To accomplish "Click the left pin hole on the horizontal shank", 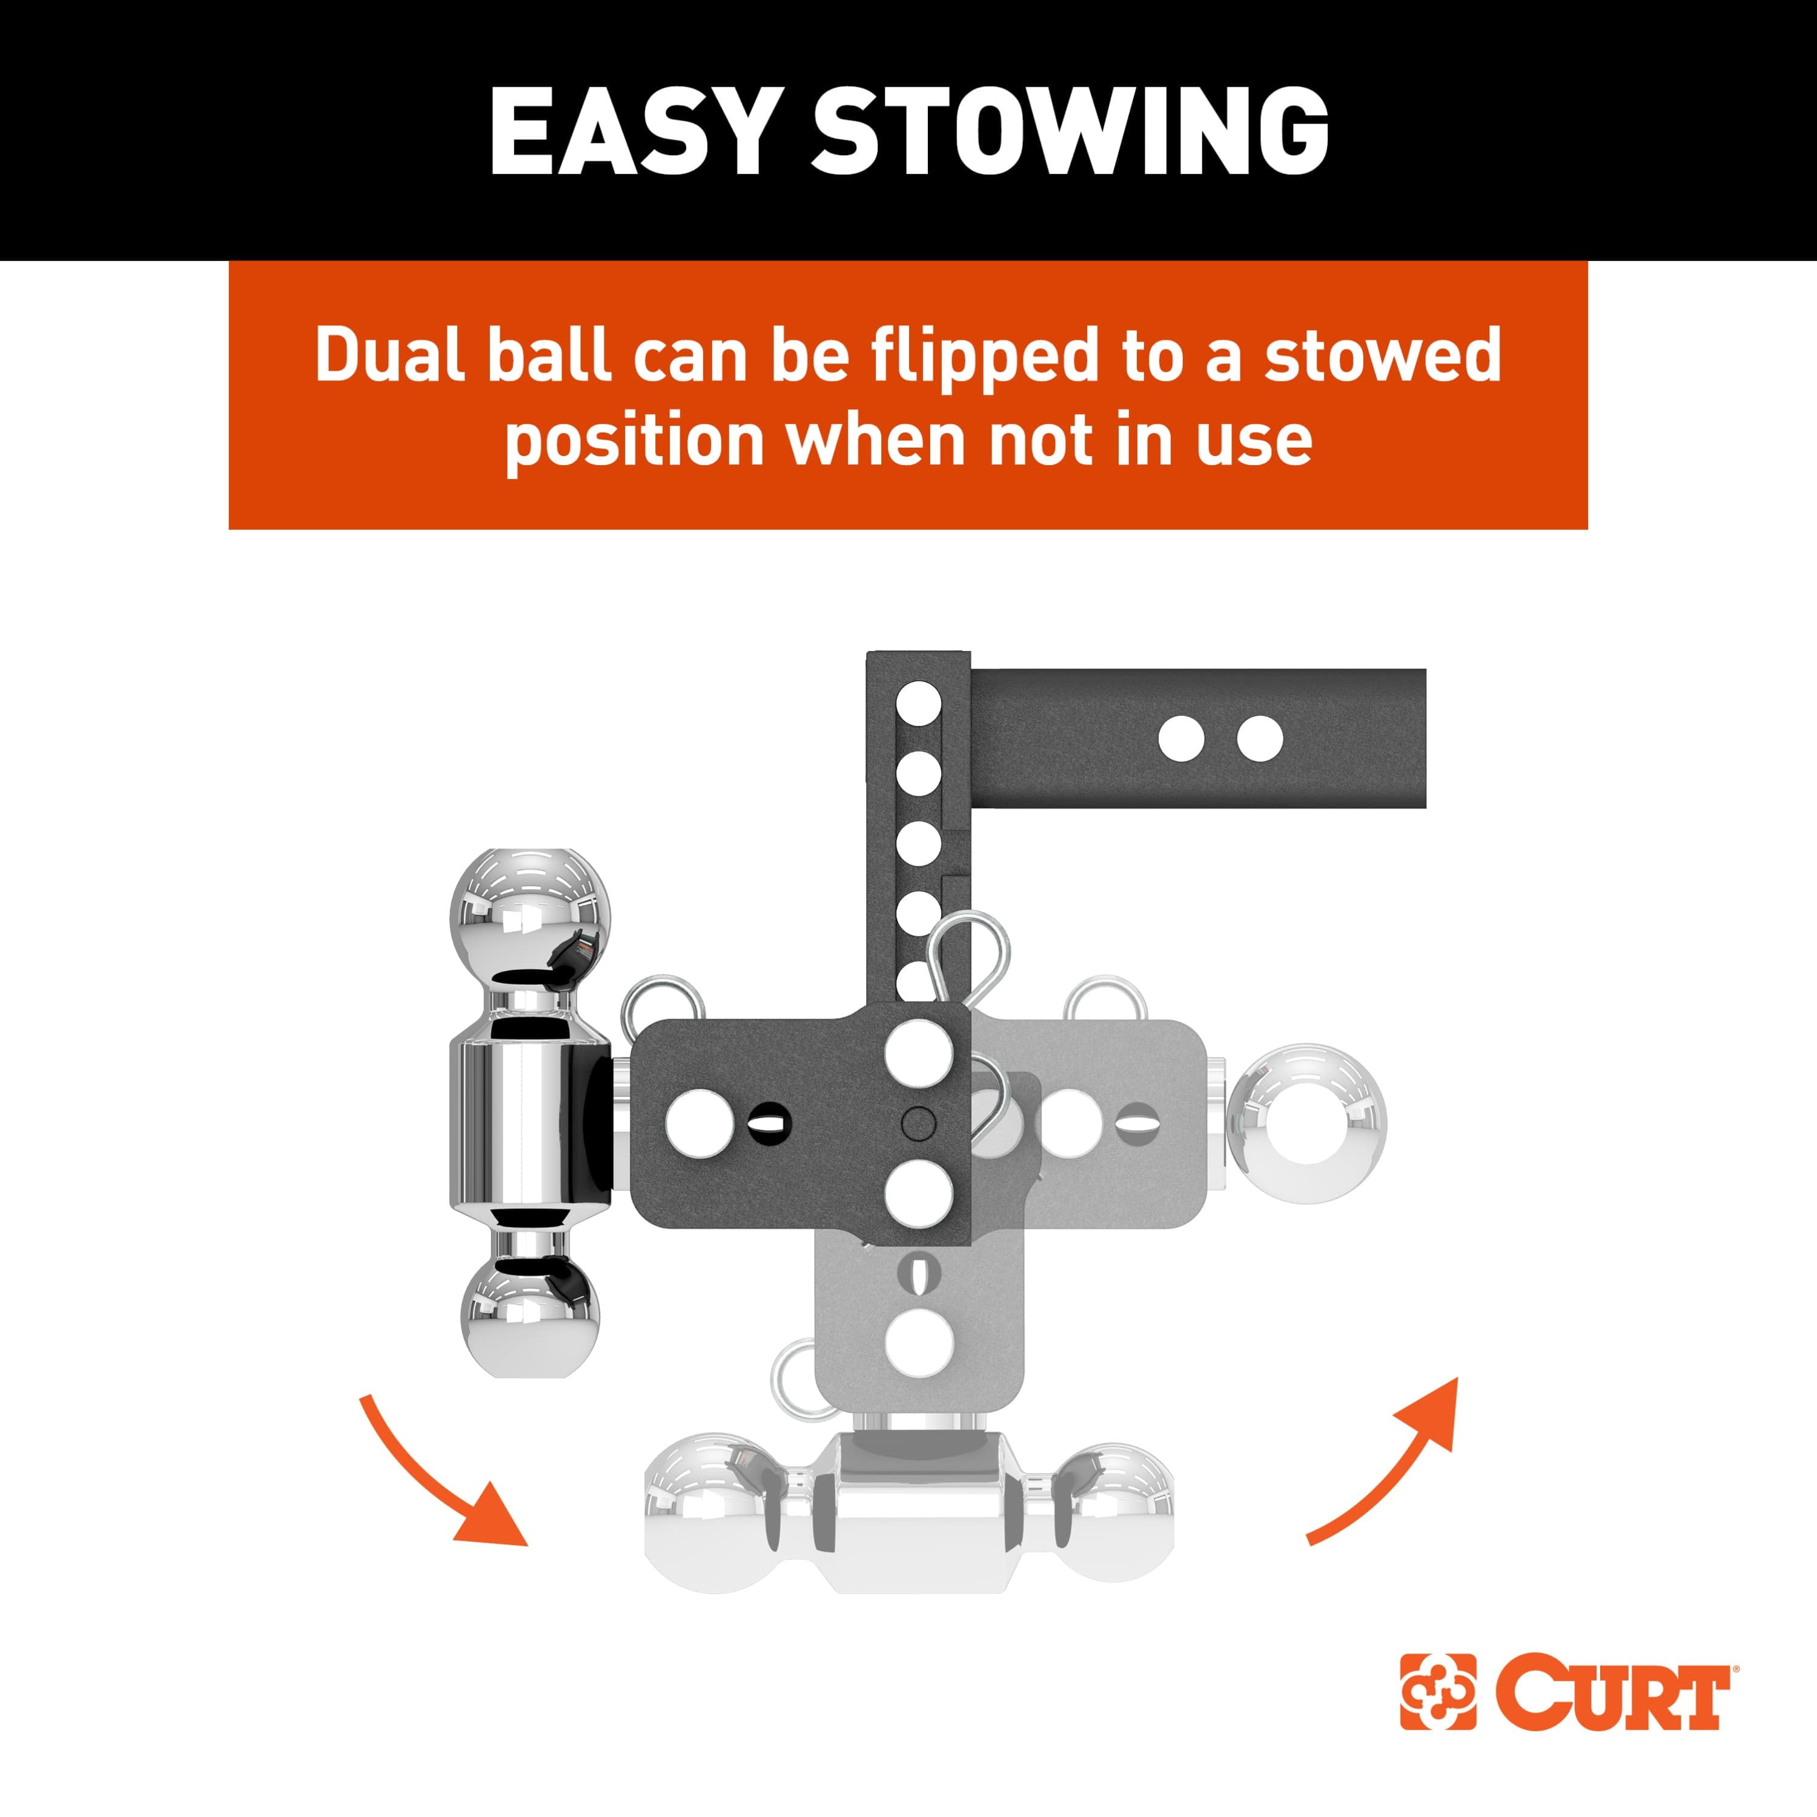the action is pyautogui.click(x=1182, y=738).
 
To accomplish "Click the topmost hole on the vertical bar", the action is pyautogui.click(x=919, y=703).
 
